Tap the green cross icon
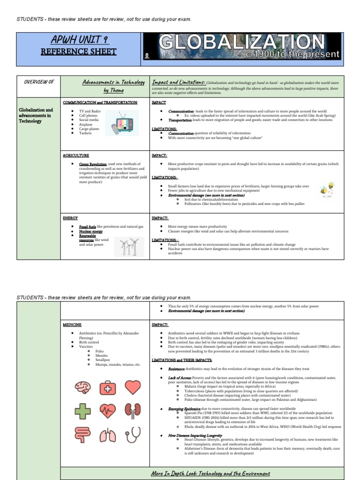coord(82,412)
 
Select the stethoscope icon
coord(133,436)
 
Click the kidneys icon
coord(133,412)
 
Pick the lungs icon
coord(108,436)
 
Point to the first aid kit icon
coord(108,387)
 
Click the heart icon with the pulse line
coord(108,412)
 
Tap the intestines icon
coord(82,436)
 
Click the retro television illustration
coord(122,123)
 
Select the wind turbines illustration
coord(130,246)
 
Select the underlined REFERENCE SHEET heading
coord(79,52)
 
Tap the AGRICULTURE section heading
coord(76,155)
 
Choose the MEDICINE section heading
coord(72,324)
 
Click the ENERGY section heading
coord(70,218)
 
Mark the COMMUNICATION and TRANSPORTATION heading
coord(100,102)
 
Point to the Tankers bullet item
coord(85,133)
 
